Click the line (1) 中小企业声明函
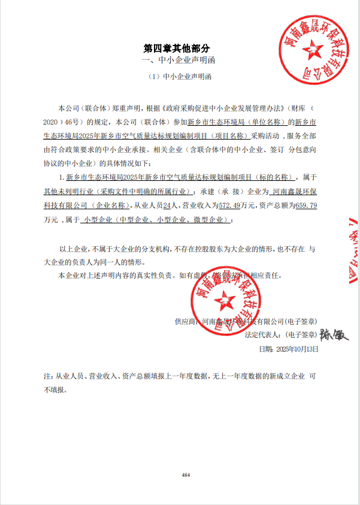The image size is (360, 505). point(180,77)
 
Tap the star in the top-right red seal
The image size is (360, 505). point(311,49)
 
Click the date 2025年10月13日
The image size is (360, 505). point(297,348)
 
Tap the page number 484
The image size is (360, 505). point(186,474)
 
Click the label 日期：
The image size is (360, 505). point(265,348)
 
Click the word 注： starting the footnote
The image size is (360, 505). point(49,377)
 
